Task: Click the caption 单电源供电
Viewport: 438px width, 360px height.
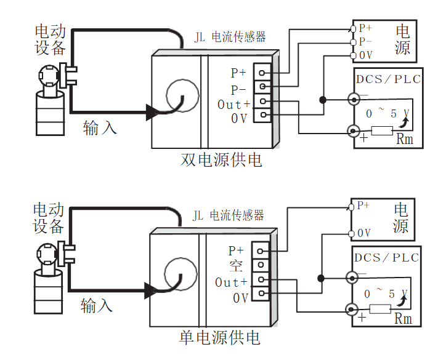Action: (x=219, y=338)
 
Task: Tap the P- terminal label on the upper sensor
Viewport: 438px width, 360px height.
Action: (x=238, y=89)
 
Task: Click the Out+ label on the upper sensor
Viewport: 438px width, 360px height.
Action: (x=234, y=105)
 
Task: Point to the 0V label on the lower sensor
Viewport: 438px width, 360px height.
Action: (x=240, y=298)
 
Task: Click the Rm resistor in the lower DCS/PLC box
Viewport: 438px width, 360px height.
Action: (x=380, y=308)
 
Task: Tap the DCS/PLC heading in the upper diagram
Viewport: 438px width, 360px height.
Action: (x=387, y=79)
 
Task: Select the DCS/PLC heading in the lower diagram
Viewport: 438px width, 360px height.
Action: (x=386, y=257)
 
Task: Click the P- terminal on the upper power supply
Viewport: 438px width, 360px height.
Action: (x=352, y=42)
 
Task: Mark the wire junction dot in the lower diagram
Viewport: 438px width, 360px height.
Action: (x=320, y=278)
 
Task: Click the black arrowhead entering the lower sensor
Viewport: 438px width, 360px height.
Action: (x=152, y=290)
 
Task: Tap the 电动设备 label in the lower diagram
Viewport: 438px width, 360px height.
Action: (x=49, y=218)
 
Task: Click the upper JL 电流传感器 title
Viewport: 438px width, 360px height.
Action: (x=230, y=37)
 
